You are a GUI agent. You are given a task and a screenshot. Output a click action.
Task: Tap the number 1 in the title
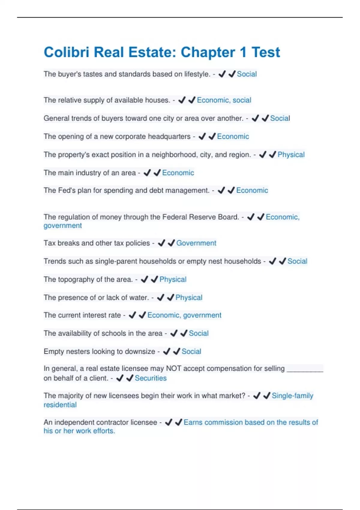(243, 52)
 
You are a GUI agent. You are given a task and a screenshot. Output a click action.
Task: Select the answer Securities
(151, 378)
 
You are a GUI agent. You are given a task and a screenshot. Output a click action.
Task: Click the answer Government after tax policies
(196, 243)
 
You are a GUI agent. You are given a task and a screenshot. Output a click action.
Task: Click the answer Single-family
(292, 396)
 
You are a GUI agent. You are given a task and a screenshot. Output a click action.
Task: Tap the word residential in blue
(60, 405)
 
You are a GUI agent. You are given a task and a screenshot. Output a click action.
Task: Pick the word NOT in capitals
(173, 368)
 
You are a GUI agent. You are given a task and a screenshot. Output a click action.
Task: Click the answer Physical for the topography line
(173, 279)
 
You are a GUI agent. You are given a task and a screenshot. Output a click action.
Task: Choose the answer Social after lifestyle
(247, 74)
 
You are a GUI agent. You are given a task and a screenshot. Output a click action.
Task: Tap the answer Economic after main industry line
(178, 173)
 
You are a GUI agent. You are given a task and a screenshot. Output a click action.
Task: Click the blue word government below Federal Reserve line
(62, 226)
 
